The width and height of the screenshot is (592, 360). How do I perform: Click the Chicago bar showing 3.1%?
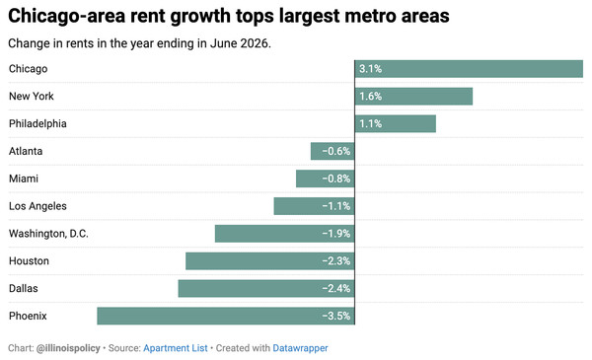(469, 69)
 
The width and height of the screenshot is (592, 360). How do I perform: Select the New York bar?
(413, 97)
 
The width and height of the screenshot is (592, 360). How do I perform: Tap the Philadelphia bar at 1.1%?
(396, 123)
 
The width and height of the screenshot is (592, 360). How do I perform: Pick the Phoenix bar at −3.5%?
(226, 316)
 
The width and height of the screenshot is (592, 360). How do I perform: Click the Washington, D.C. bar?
(285, 234)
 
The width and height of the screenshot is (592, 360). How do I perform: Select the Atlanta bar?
(333, 151)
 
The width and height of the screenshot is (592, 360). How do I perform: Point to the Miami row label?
(24, 179)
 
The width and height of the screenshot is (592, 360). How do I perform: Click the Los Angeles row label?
(37, 206)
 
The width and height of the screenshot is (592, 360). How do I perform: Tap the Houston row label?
(29, 261)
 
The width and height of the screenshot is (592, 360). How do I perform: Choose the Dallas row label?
(24, 288)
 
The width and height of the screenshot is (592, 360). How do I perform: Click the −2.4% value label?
(336, 289)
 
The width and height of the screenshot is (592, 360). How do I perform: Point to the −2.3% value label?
(336, 261)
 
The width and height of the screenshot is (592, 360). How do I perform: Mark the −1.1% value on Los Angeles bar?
(336, 206)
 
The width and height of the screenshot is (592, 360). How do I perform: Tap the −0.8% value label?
(336, 179)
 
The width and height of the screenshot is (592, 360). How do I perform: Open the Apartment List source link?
(176, 348)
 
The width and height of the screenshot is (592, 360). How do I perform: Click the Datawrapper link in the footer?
(300, 348)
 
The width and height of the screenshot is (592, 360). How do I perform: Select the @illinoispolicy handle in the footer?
(68, 348)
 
